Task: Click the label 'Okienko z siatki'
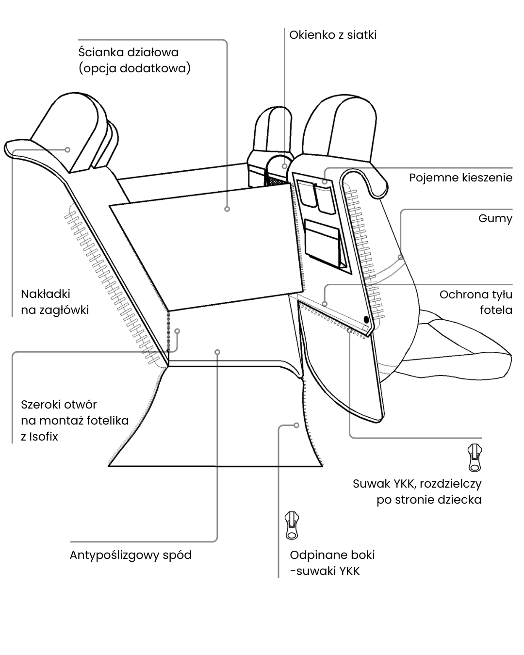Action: pyautogui.click(x=333, y=35)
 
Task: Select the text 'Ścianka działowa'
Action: pyautogui.click(x=129, y=52)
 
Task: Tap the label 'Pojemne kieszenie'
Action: pyautogui.click(x=460, y=178)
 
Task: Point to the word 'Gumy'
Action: pyautogui.click(x=495, y=218)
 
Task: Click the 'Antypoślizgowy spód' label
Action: pyautogui.click(x=131, y=555)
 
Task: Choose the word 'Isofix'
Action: pyautogui.click(x=43, y=436)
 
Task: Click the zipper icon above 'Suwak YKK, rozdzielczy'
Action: pyautogui.click(x=474, y=457)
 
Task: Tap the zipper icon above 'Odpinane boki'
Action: pyautogui.click(x=291, y=525)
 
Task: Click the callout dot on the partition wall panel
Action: pyautogui.click(x=227, y=209)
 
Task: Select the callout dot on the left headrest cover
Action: pyautogui.click(x=68, y=149)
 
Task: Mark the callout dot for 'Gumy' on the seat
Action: pyautogui.click(x=400, y=257)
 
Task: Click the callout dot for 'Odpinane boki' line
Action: pyautogui.click(x=296, y=425)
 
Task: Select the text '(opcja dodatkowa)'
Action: pyautogui.click(x=134, y=68)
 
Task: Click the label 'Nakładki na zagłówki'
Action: pyautogui.click(x=55, y=302)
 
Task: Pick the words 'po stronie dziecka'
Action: pyautogui.click(x=429, y=499)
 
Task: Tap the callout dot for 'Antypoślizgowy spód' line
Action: pyautogui.click(x=218, y=352)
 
